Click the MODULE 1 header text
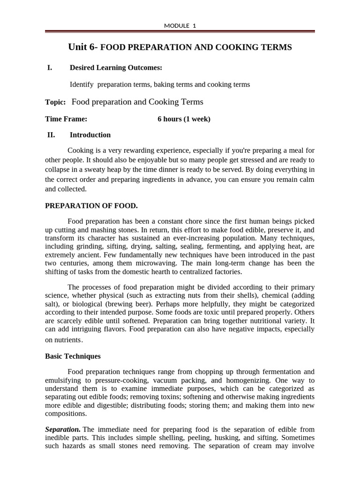tap(180, 26)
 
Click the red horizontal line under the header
tap(180, 32)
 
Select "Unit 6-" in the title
tap(83, 47)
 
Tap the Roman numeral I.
tap(50, 67)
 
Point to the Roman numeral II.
tap(51, 135)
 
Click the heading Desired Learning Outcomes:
tap(116, 67)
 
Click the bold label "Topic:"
tap(55, 102)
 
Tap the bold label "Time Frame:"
tap(66, 119)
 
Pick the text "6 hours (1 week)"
tap(184, 119)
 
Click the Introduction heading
tap(90, 135)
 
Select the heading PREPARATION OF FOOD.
tap(91, 206)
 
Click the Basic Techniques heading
tap(73, 356)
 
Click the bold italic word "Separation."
tap(63, 429)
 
